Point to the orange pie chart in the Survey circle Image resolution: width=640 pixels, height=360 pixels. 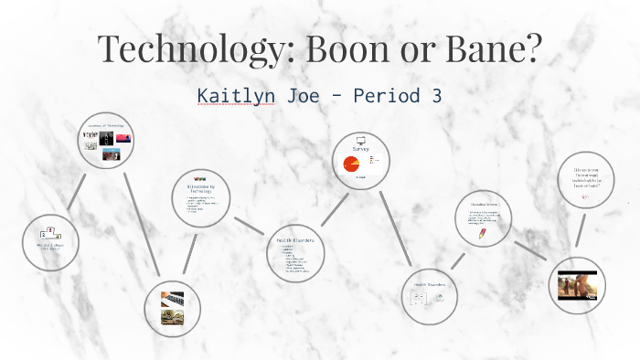coord(351,164)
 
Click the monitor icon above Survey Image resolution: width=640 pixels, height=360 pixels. coord(359,142)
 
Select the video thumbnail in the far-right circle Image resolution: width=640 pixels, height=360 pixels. coord(577,285)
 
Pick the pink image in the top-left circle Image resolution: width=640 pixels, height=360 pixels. coord(123,138)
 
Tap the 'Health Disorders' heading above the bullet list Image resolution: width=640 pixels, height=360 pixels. coord(296,239)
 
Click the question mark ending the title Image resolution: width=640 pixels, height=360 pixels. coord(529,48)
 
